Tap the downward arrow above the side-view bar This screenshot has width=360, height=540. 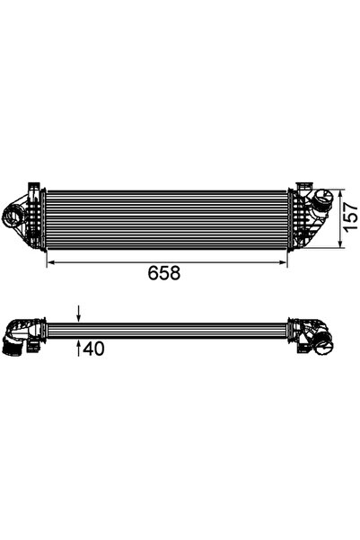tap(79, 314)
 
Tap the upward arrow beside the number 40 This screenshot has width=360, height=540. tap(79, 346)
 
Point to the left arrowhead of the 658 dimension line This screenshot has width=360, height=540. tap(49, 261)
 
